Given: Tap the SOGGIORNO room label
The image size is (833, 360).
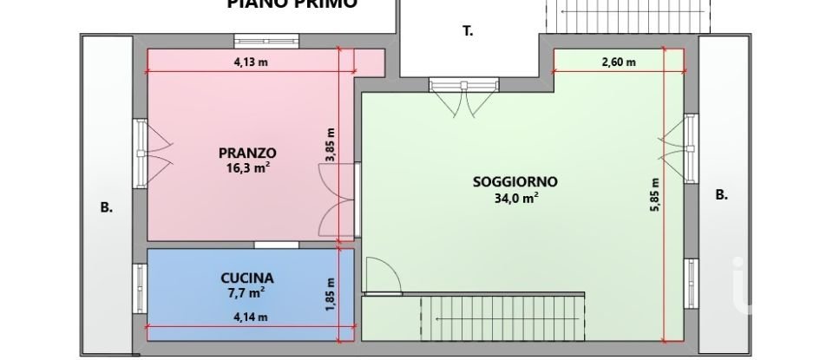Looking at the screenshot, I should click(x=515, y=182).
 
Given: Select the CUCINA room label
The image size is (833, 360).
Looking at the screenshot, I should click(x=246, y=278).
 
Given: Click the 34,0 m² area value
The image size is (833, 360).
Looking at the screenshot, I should click(x=515, y=198).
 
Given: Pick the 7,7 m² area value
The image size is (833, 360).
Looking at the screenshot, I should click(x=246, y=292).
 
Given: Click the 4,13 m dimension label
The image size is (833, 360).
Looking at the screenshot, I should click(x=250, y=62).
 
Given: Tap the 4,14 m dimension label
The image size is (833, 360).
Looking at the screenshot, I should click(x=250, y=318).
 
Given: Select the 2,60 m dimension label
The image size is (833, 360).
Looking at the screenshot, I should click(x=619, y=62).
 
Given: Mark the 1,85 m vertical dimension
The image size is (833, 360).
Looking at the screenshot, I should click(x=330, y=295).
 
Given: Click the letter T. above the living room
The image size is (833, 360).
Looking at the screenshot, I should click(x=468, y=32).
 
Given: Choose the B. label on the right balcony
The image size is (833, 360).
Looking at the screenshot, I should click(x=720, y=195).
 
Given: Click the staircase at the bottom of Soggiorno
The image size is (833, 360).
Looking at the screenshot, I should click(x=502, y=318).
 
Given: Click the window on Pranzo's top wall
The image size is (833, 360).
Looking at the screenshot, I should click(x=268, y=40).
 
